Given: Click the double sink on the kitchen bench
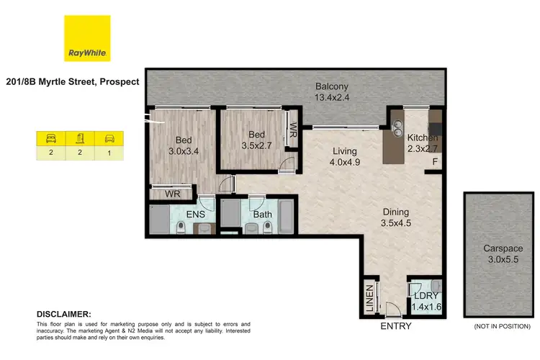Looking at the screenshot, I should click(x=396, y=128).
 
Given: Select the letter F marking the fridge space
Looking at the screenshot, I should click(x=435, y=163).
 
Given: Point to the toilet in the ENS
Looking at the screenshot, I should click(x=181, y=228).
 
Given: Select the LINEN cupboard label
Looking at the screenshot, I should click(x=369, y=297).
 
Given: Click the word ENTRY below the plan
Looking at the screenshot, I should click(x=395, y=326).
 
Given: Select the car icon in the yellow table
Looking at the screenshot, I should click(x=109, y=138).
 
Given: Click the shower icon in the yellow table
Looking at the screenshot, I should click(x=80, y=138).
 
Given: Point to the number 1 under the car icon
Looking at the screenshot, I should click(x=109, y=152).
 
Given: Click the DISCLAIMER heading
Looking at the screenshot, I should click(x=64, y=315).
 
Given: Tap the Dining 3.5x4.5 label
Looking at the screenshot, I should click(x=395, y=217).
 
